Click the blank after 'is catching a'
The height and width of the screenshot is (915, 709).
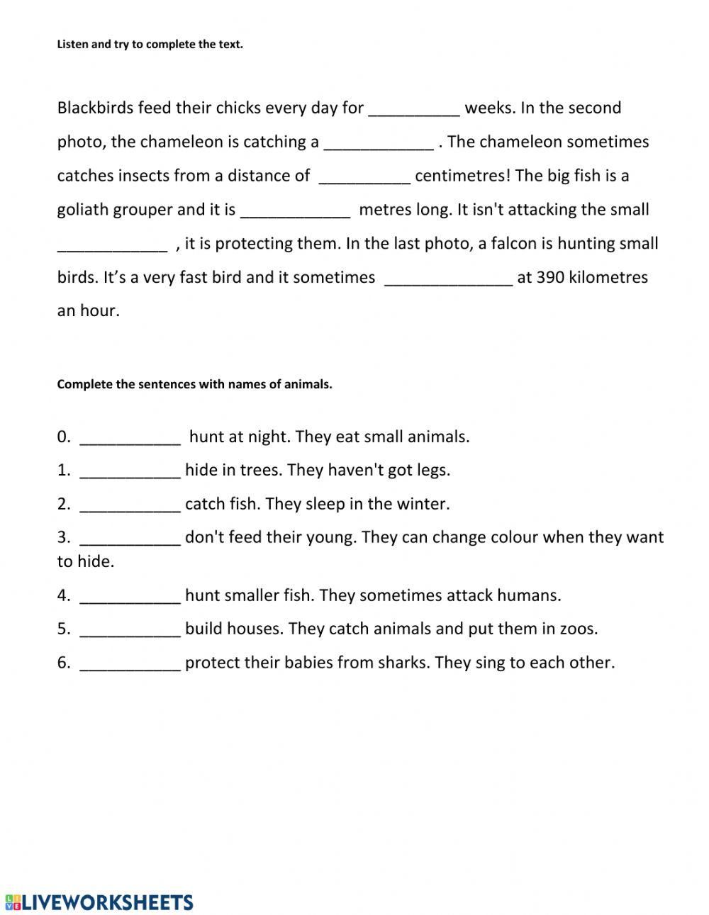378,143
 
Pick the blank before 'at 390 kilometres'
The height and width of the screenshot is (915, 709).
448,279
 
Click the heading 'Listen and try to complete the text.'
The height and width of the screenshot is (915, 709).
150,44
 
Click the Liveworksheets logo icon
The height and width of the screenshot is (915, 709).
12,902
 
